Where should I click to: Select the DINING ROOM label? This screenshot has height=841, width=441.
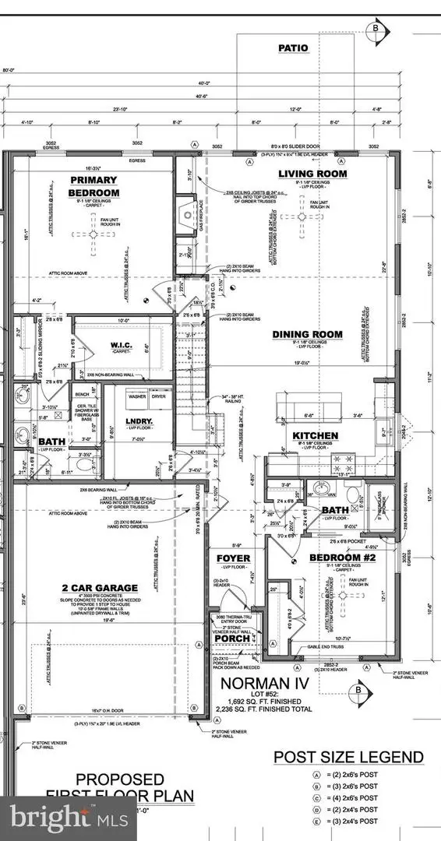click(x=307, y=334)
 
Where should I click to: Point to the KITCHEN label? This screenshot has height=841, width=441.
click(x=315, y=435)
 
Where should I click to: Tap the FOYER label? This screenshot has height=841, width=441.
click(x=231, y=558)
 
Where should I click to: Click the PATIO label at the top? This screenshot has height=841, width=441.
click(x=293, y=48)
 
